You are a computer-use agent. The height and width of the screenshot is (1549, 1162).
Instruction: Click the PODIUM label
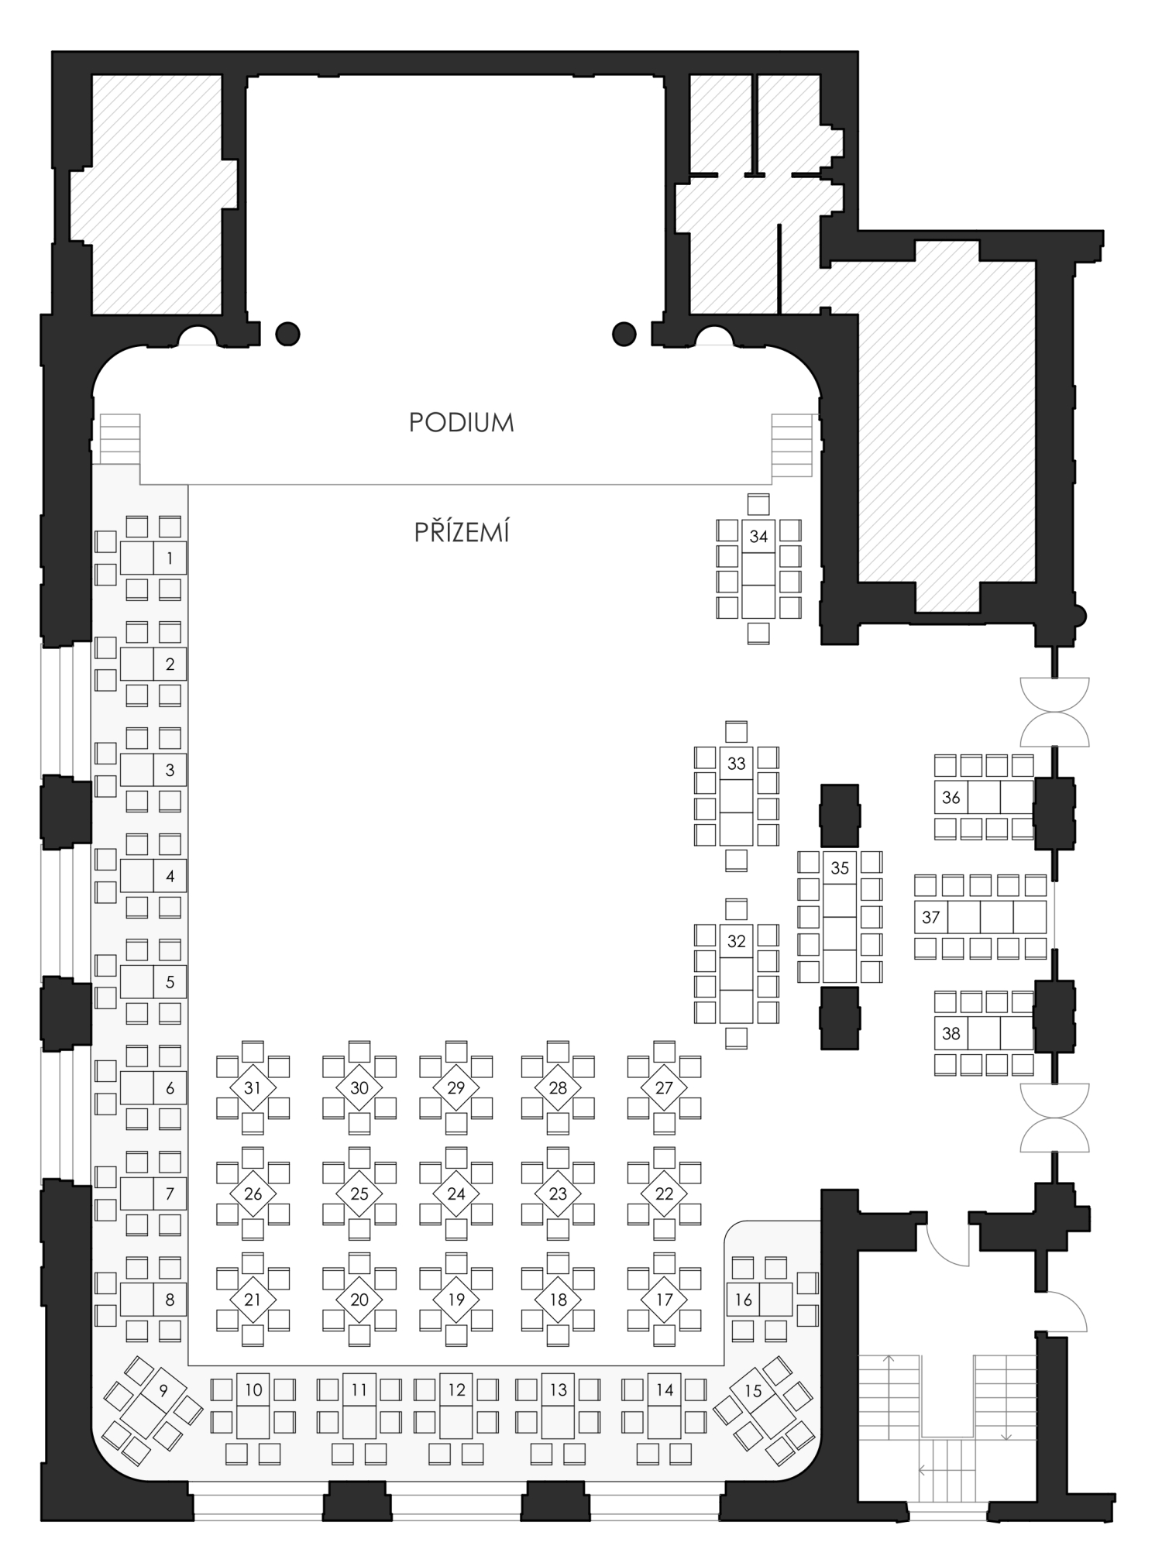click(461, 423)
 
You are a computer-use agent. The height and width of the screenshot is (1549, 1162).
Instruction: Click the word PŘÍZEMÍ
click(462, 533)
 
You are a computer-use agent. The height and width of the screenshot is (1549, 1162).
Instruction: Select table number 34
click(758, 570)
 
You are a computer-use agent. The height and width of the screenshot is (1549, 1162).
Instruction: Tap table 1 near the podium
click(153, 558)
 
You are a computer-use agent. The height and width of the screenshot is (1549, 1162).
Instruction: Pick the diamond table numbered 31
click(253, 1087)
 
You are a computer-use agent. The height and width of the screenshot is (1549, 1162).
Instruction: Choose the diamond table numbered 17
click(664, 1299)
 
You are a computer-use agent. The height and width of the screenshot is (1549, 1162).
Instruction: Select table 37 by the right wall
click(981, 917)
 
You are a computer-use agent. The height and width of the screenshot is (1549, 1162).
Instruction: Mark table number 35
click(840, 917)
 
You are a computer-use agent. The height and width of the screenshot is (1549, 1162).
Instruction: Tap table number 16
click(760, 1299)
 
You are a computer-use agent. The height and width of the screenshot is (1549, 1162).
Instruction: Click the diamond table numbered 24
click(456, 1194)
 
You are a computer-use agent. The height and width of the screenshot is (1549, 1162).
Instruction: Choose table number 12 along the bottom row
click(456, 1405)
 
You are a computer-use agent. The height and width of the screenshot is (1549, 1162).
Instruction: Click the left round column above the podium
click(287, 334)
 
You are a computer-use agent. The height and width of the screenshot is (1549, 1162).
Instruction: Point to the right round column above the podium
click(624, 334)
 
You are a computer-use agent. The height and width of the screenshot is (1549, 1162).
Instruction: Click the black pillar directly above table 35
click(840, 816)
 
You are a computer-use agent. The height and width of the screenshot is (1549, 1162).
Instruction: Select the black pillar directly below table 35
click(840, 1018)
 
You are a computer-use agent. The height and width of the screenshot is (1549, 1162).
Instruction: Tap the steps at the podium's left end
click(120, 439)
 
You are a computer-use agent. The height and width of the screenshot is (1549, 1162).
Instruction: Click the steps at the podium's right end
click(792, 445)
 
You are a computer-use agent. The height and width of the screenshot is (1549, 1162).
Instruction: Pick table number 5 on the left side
click(153, 981)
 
